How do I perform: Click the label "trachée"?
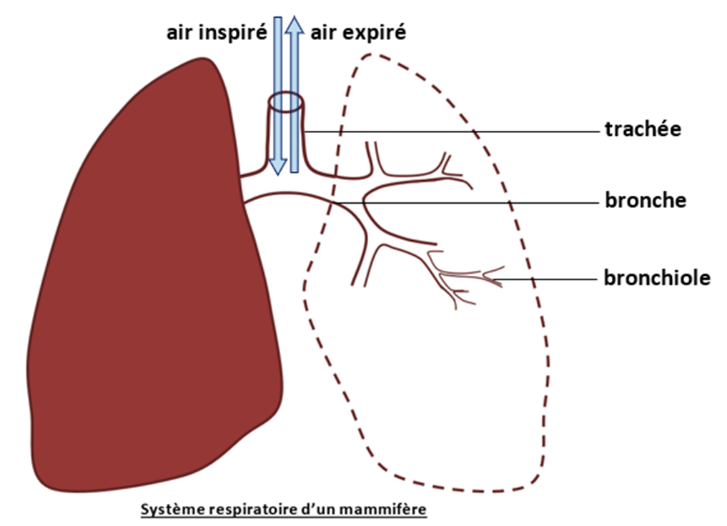coord(643,129)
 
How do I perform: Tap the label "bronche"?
coord(646,200)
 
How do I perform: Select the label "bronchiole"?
coord(657,277)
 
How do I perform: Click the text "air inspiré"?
coord(217,33)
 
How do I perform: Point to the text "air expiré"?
coord(358,32)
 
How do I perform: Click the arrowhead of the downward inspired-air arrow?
coord(278,167)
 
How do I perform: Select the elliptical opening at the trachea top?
coord(287,102)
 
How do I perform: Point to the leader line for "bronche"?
coord(468,203)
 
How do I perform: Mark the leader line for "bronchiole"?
coord(544,279)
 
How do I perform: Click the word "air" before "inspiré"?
coord(179,33)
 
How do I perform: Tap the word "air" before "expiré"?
coord(322,33)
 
